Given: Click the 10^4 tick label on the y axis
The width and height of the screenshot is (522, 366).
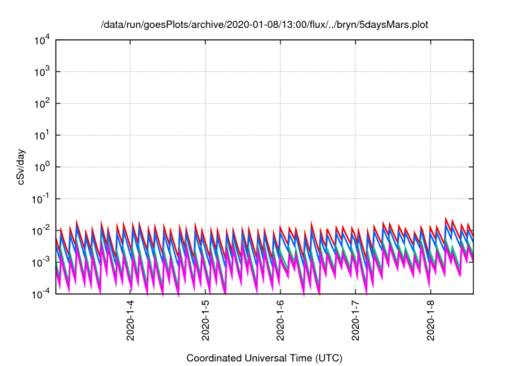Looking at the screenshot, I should coord(41,39).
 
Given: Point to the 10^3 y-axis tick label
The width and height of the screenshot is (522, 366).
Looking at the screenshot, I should coord(41,71).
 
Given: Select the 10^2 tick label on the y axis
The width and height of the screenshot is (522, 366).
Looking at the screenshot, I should coord(41,103).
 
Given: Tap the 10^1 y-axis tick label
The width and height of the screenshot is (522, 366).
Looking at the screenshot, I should coord(41,135).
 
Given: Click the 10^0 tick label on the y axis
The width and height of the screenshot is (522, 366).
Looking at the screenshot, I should coord(41,167).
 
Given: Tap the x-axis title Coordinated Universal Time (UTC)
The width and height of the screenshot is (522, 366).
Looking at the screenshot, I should coord(264,358).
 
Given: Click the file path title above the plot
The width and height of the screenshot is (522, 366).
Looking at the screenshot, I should coord(264,25).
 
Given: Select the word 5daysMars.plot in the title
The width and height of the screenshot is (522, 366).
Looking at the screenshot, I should coord(393,25).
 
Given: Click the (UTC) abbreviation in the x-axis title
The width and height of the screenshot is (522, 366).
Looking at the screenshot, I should coord(327,358).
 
